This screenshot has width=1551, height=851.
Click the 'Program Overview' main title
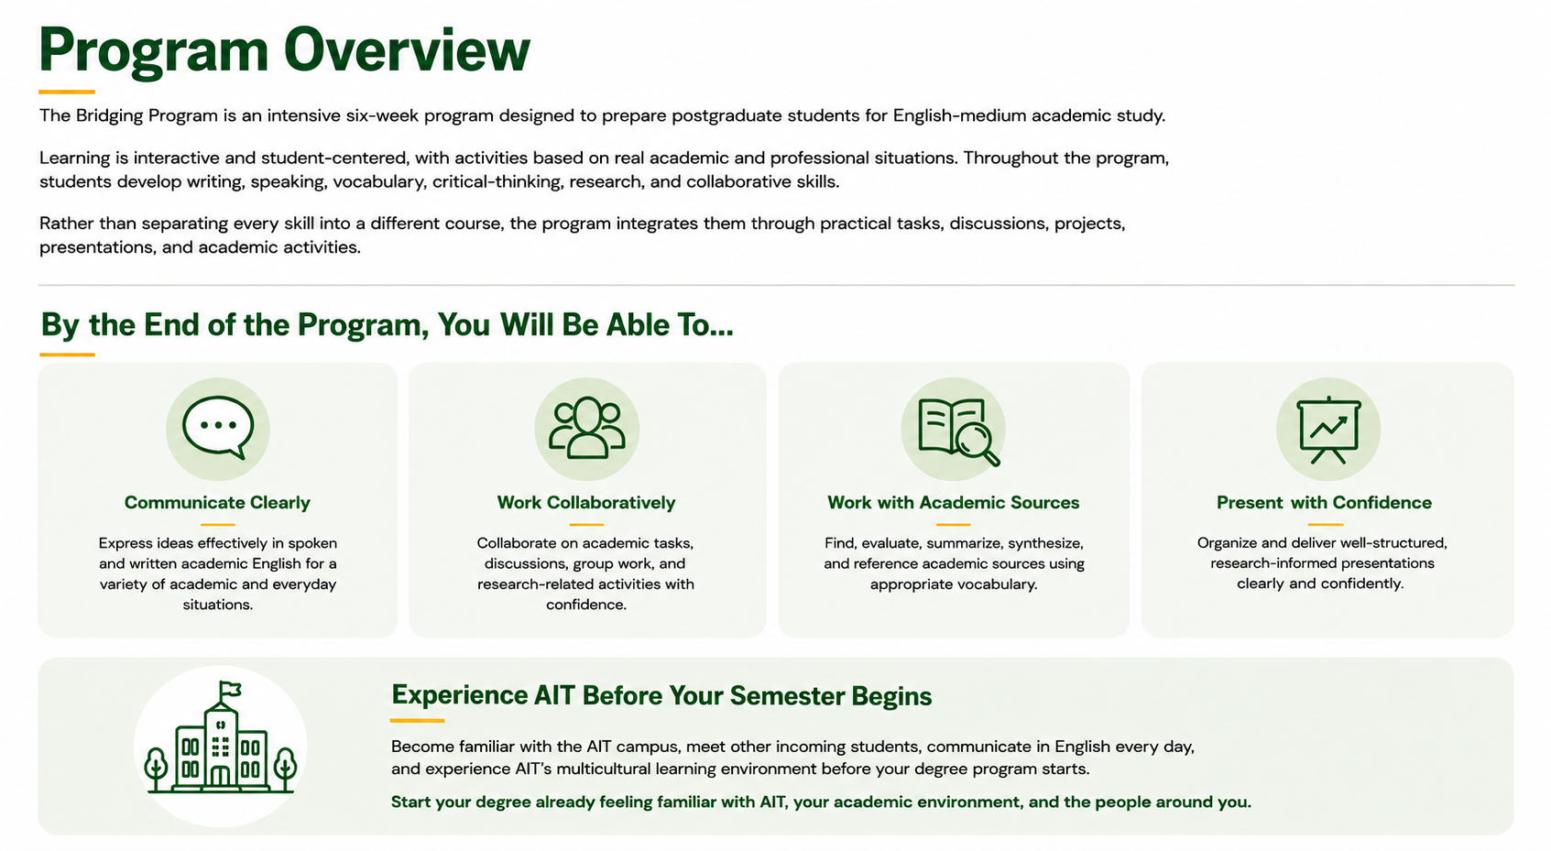(285, 49)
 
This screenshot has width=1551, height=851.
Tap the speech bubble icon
(218, 427)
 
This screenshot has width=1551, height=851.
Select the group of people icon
(586, 427)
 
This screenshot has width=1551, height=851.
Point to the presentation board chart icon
(1328, 430)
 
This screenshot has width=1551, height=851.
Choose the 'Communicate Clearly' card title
(217, 502)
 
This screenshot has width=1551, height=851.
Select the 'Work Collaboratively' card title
(585, 502)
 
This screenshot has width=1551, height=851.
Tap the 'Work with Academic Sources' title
(954, 502)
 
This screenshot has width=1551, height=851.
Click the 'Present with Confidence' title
(1324, 502)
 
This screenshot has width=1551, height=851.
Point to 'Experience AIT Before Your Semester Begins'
(661, 695)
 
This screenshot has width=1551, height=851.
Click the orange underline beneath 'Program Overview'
(67, 92)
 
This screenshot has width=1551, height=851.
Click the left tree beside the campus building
(156, 769)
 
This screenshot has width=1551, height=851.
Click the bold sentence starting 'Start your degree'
(821, 802)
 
